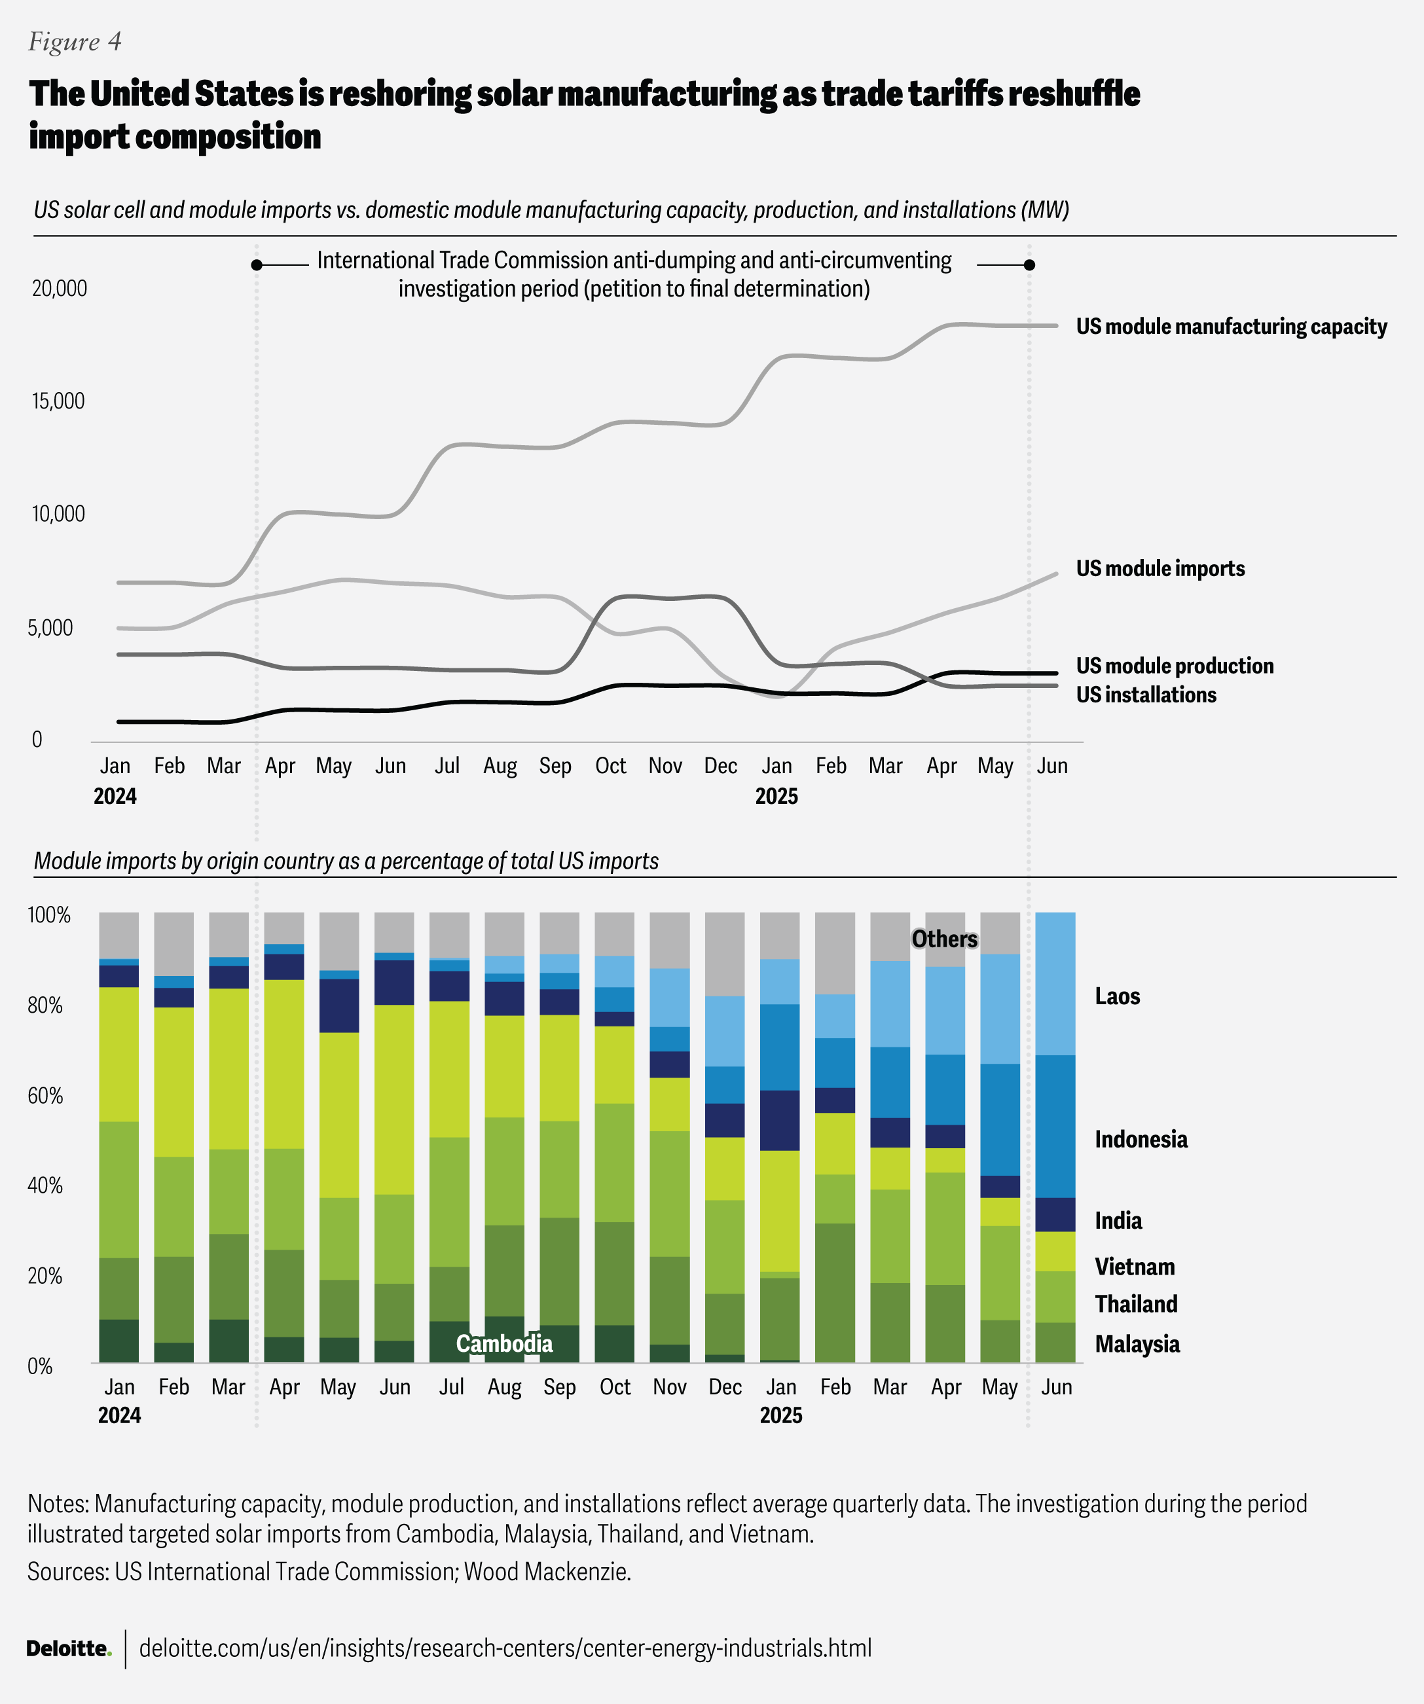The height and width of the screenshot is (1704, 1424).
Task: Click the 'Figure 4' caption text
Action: pyautogui.click(x=75, y=41)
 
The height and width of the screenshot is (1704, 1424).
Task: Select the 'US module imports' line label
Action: pyautogui.click(x=1159, y=568)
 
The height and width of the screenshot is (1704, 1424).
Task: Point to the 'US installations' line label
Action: pyautogui.click(x=1146, y=695)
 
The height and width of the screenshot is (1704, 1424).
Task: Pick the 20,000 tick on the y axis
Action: pyautogui.click(x=59, y=288)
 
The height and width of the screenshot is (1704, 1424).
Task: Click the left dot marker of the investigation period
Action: pyautogui.click(x=257, y=264)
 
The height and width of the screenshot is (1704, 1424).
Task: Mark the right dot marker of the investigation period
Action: pyautogui.click(x=1029, y=264)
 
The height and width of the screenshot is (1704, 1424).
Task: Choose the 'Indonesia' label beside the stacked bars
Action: pyautogui.click(x=1140, y=1139)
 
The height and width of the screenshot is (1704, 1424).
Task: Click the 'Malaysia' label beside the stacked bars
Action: pyautogui.click(x=1137, y=1344)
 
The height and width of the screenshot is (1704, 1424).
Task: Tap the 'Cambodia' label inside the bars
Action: pyautogui.click(x=504, y=1344)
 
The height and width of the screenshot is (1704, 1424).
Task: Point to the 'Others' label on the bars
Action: pyautogui.click(x=945, y=939)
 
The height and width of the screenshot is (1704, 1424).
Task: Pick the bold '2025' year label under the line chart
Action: pyautogui.click(x=776, y=796)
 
